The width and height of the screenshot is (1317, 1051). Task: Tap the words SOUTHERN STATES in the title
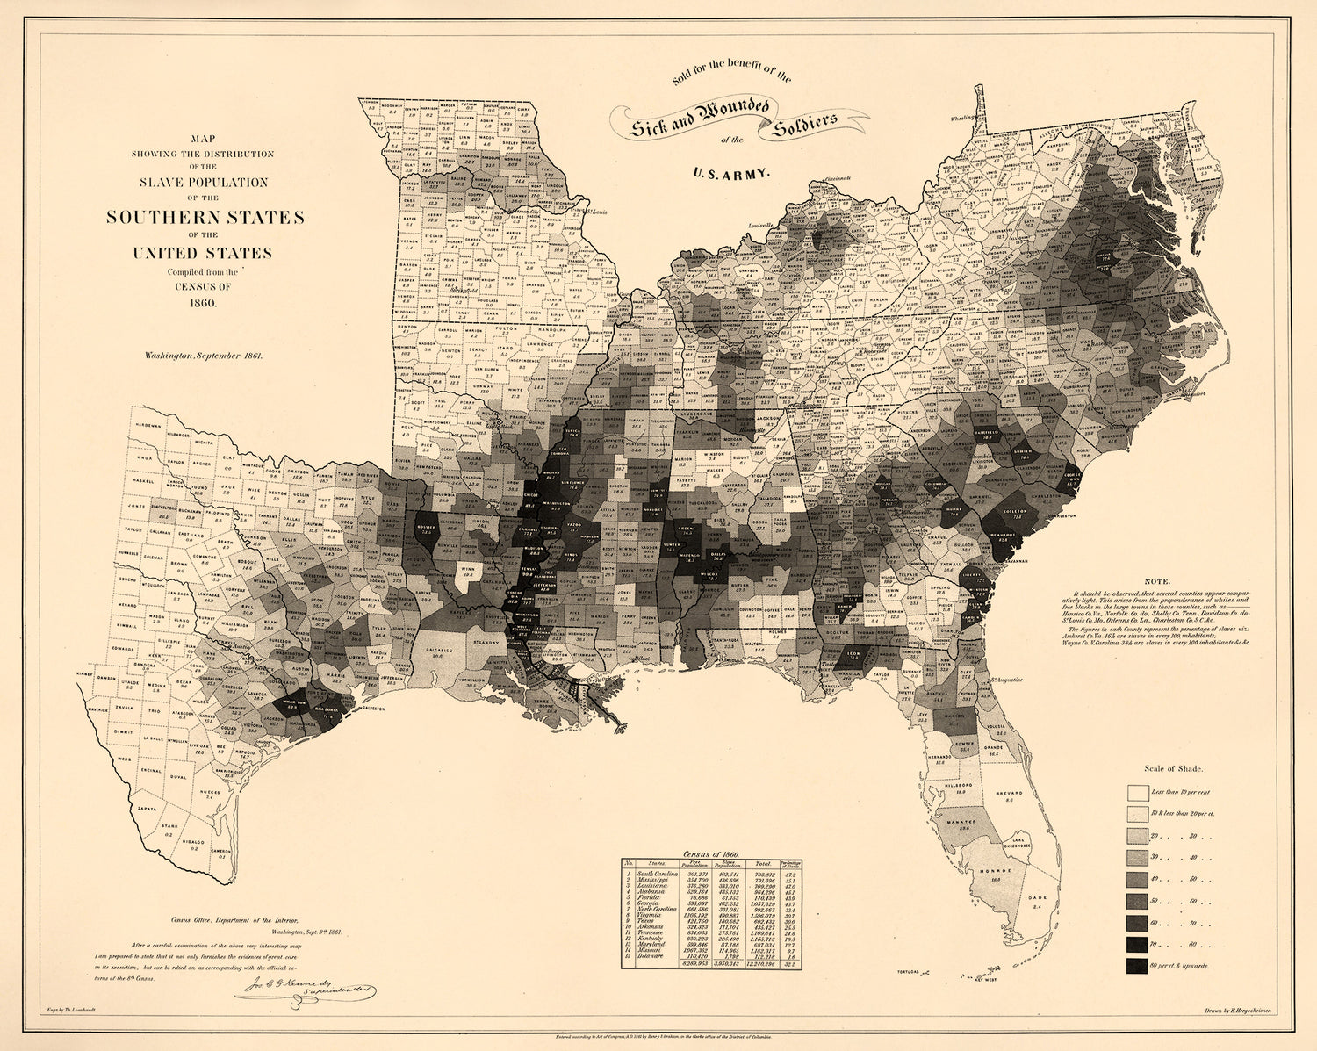coord(205,217)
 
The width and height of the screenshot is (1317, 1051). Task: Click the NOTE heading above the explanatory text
coord(1157,581)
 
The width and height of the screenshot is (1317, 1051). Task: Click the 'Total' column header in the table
coord(764,865)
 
